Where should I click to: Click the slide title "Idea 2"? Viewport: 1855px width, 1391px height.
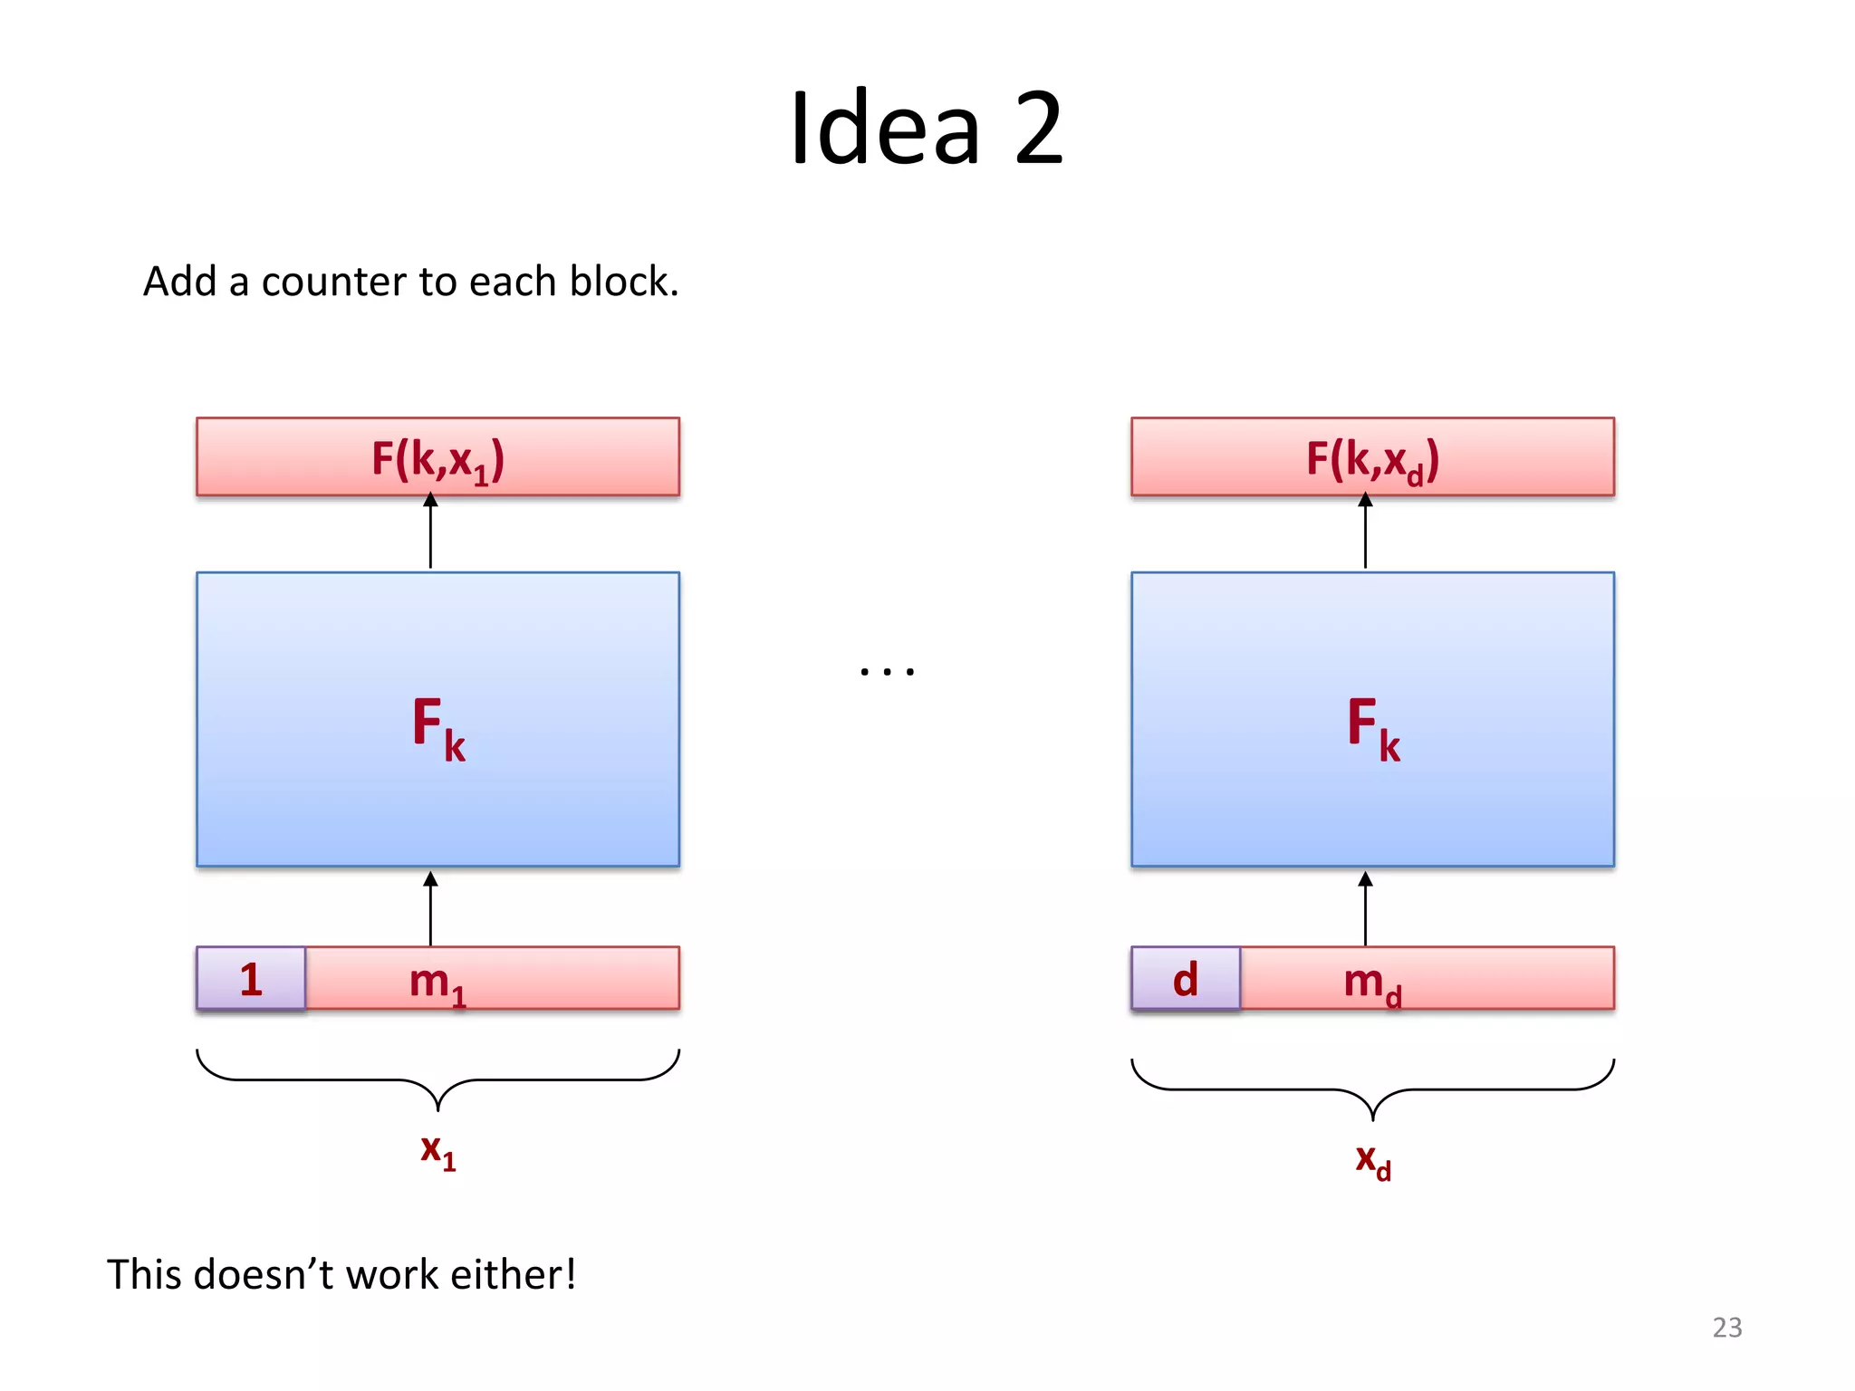coord(926,129)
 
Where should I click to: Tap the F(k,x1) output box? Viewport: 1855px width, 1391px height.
coord(437,457)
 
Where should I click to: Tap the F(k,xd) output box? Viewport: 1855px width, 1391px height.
coord(1372,457)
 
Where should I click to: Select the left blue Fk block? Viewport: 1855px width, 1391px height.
coord(437,720)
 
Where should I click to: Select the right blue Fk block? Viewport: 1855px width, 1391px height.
coord(1372,720)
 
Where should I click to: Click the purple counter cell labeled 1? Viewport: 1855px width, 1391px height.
coord(251,978)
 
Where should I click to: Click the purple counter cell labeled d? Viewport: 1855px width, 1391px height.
coord(1186,978)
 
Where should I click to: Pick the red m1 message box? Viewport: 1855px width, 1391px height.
coord(493,978)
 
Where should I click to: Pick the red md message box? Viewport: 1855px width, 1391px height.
coord(1427,978)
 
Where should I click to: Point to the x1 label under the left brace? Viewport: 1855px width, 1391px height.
coord(437,1151)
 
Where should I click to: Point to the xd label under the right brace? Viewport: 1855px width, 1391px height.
coord(1372,1160)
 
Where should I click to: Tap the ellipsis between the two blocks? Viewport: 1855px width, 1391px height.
coord(887,671)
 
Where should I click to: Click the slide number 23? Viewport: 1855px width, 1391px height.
coord(1726,1327)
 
